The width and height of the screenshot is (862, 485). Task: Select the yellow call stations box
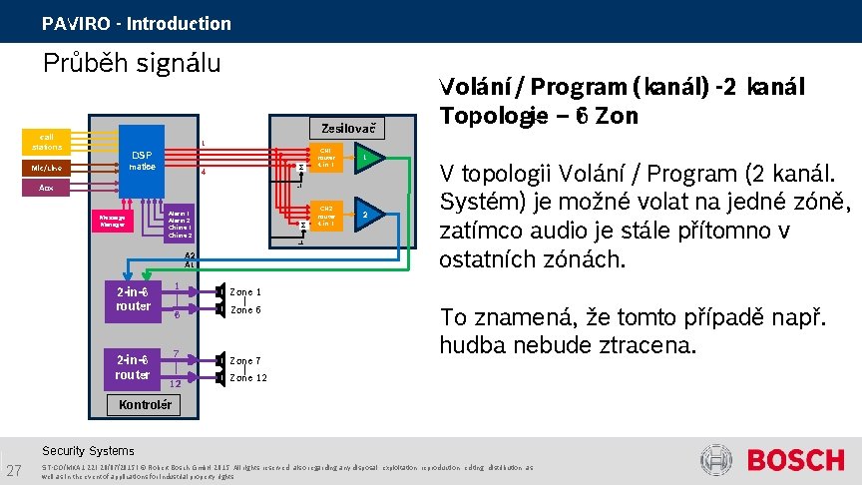[47, 141]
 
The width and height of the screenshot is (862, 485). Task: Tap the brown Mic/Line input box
[47, 169]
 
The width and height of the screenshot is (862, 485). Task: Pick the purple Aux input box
[47, 187]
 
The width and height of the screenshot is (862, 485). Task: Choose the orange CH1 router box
[325, 159]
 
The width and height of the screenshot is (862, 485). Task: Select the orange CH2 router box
[325, 215]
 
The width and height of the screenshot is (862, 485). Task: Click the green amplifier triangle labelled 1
[366, 159]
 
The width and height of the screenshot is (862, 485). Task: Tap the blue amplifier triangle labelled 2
[366, 215]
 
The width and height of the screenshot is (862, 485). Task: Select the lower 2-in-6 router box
[133, 368]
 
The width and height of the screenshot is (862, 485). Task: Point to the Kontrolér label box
[144, 405]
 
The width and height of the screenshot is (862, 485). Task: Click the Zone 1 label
[245, 291]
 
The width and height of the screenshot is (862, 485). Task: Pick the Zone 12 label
[247, 378]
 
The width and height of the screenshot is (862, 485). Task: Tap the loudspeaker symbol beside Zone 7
[219, 360]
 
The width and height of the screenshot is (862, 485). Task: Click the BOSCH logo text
[795, 460]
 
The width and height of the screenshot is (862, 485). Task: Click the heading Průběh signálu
[131, 63]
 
